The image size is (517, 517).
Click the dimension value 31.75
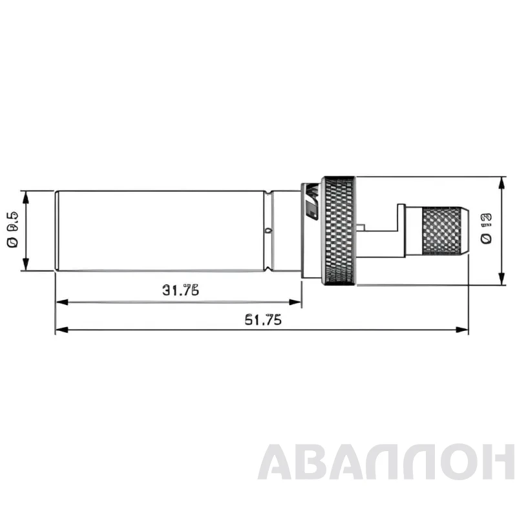pyautogui.click(x=180, y=290)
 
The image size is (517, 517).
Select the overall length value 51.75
pyautogui.click(x=262, y=319)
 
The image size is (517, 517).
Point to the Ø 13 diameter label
pyautogui.click(x=486, y=229)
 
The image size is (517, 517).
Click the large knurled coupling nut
pyautogui.click(x=338, y=230)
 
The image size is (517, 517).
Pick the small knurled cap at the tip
pyautogui.click(x=445, y=231)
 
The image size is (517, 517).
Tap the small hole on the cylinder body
pyautogui.click(x=267, y=229)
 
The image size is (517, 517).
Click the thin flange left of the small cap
pyautogui.click(x=401, y=231)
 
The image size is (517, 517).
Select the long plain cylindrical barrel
pyautogui.click(x=162, y=231)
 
